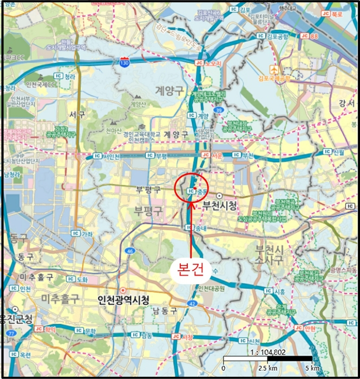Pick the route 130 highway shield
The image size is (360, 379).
click(x=125, y=63)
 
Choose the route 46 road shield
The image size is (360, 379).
click(x=129, y=251)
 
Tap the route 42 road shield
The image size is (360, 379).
click(x=193, y=305)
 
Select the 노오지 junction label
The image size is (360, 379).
click(x=211, y=63)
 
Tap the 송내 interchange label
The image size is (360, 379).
click(x=201, y=228)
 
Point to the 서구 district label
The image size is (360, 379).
click(x=77, y=114)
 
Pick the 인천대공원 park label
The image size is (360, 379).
click(x=211, y=287)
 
